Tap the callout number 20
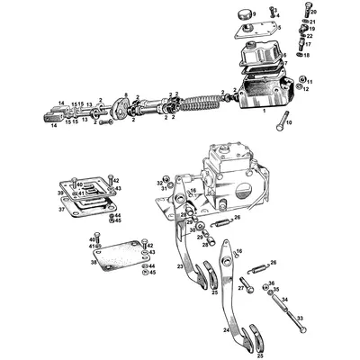coord(313,11)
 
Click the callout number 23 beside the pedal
coord(180,266)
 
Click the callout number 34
coord(283,299)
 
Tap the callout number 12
coord(307,89)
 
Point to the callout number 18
coord(312,55)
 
